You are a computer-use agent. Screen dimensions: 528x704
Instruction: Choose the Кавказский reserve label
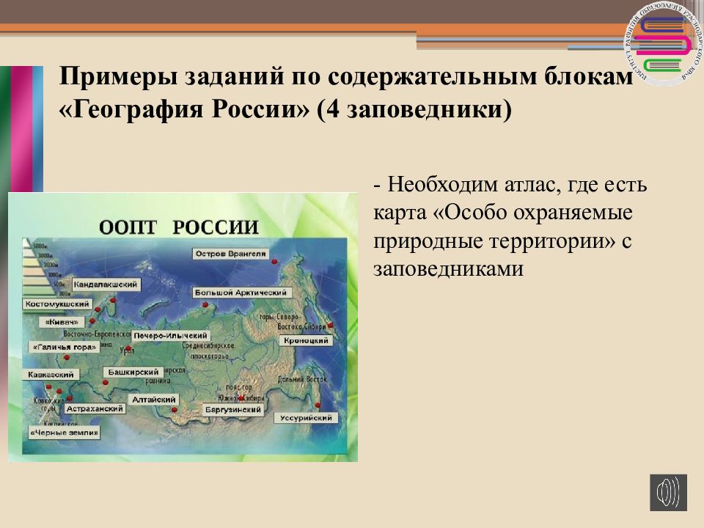pos(45,375)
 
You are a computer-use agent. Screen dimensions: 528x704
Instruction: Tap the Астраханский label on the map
pos(95,408)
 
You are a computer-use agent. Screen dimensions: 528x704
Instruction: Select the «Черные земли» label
pos(65,433)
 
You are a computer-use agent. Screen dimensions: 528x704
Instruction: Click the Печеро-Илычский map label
pos(170,336)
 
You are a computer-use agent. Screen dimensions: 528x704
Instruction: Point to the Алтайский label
pos(153,400)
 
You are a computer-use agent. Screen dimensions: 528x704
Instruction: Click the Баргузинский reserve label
pos(233,408)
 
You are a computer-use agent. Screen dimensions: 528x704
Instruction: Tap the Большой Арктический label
pos(242,293)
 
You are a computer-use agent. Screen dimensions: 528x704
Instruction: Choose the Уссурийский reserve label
pos(307,418)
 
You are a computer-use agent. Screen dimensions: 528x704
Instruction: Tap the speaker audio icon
pos(668,492)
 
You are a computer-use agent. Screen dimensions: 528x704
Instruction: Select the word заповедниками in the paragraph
pos(448,269)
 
